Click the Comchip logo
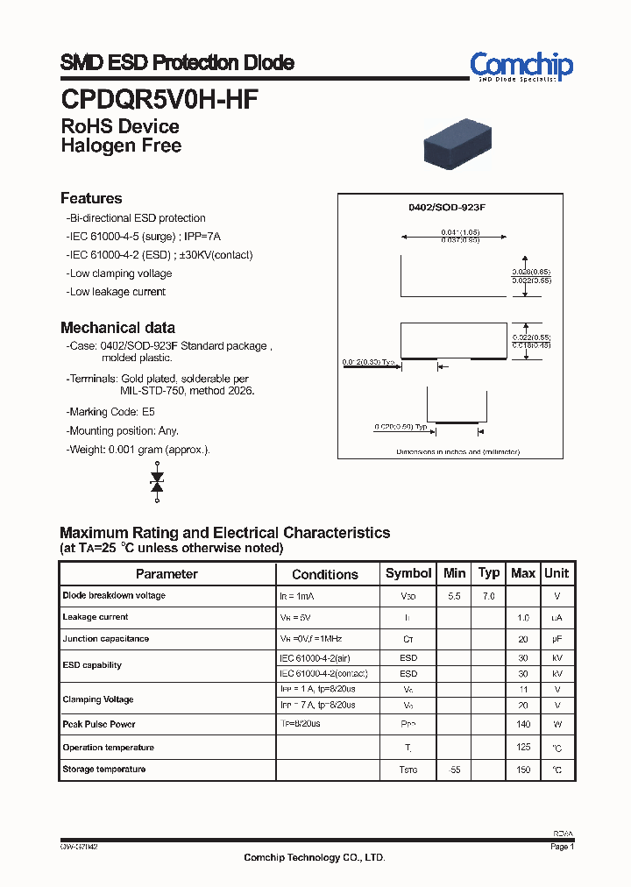pyautogui.click(x=521, y=66)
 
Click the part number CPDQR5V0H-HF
pyautogui.click(x=159, y=100)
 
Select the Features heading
pyautogui.click(x=91, y=198)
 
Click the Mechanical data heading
pyautogui.click(x=117, y=328)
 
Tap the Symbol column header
pyautogui.click(x=408, y=573)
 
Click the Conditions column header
pyautogui.click(x=325, y=574)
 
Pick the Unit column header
pyautogui.click(x=557, y=573)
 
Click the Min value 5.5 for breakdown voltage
pyautogui.click(x=454, y=596)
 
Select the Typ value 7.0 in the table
pyautogui.click(x=488, y=596)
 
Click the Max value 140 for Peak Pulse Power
pyautogui.click(x=523, y=725)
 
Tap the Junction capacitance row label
pyautogui.click(x=106, y=639)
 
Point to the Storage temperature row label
pyautogui.click(x=104, y=769)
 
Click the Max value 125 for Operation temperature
pyautogui.click(x=523, y=748)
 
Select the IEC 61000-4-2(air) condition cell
pyautogui.click(x=317, y=657)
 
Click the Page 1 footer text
pyautogui.click(x=562, y=847)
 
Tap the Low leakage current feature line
pyautogui.click(x=116, y=292)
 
